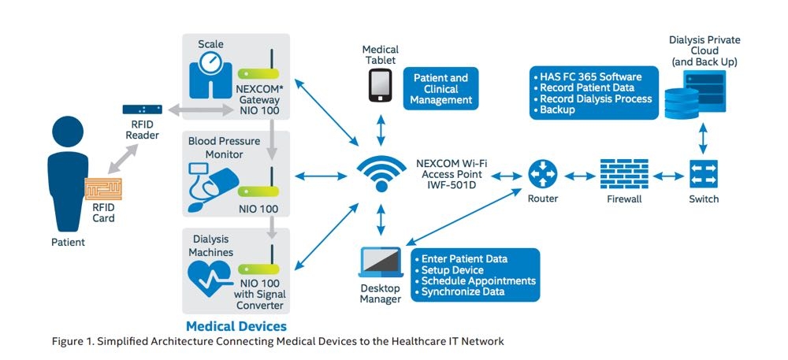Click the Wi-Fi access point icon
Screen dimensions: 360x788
point(381,174)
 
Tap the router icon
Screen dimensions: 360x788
point(542,173)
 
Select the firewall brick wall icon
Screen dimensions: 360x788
point(623,173)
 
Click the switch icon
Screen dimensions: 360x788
point(703,173)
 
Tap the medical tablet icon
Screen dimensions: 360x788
point(381,84)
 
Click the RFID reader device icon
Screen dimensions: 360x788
point(143,109)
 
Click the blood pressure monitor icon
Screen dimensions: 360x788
point(210,186)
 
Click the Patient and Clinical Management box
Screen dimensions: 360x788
point(441,89)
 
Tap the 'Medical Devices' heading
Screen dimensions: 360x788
point(236,325)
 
